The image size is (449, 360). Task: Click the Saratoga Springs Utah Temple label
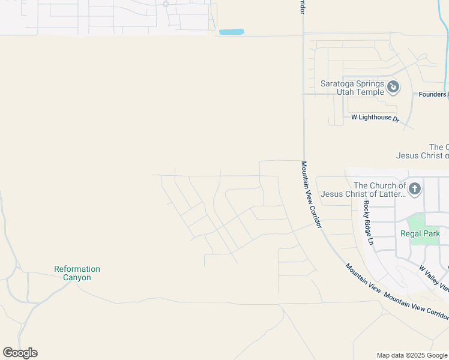[x=351, y=88]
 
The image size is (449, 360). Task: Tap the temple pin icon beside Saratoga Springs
[x=393, y=88]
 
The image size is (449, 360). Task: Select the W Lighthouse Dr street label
[x=375, y=118]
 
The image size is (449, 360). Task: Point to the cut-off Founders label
[x=433, y=94]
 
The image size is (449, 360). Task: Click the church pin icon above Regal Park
[x=415, y=190]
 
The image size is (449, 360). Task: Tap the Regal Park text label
[x=420, y=233]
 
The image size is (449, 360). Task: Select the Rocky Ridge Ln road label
[x=368, y=222]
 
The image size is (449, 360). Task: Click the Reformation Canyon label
[x=77, y=273]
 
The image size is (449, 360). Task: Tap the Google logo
[x=20, y=353]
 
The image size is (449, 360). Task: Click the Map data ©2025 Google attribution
[x=412, y=355]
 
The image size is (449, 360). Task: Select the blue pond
[x=231, y=32]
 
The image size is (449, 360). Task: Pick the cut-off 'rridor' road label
[x=302, y=7]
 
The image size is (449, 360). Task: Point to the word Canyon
[x=77, y=278]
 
